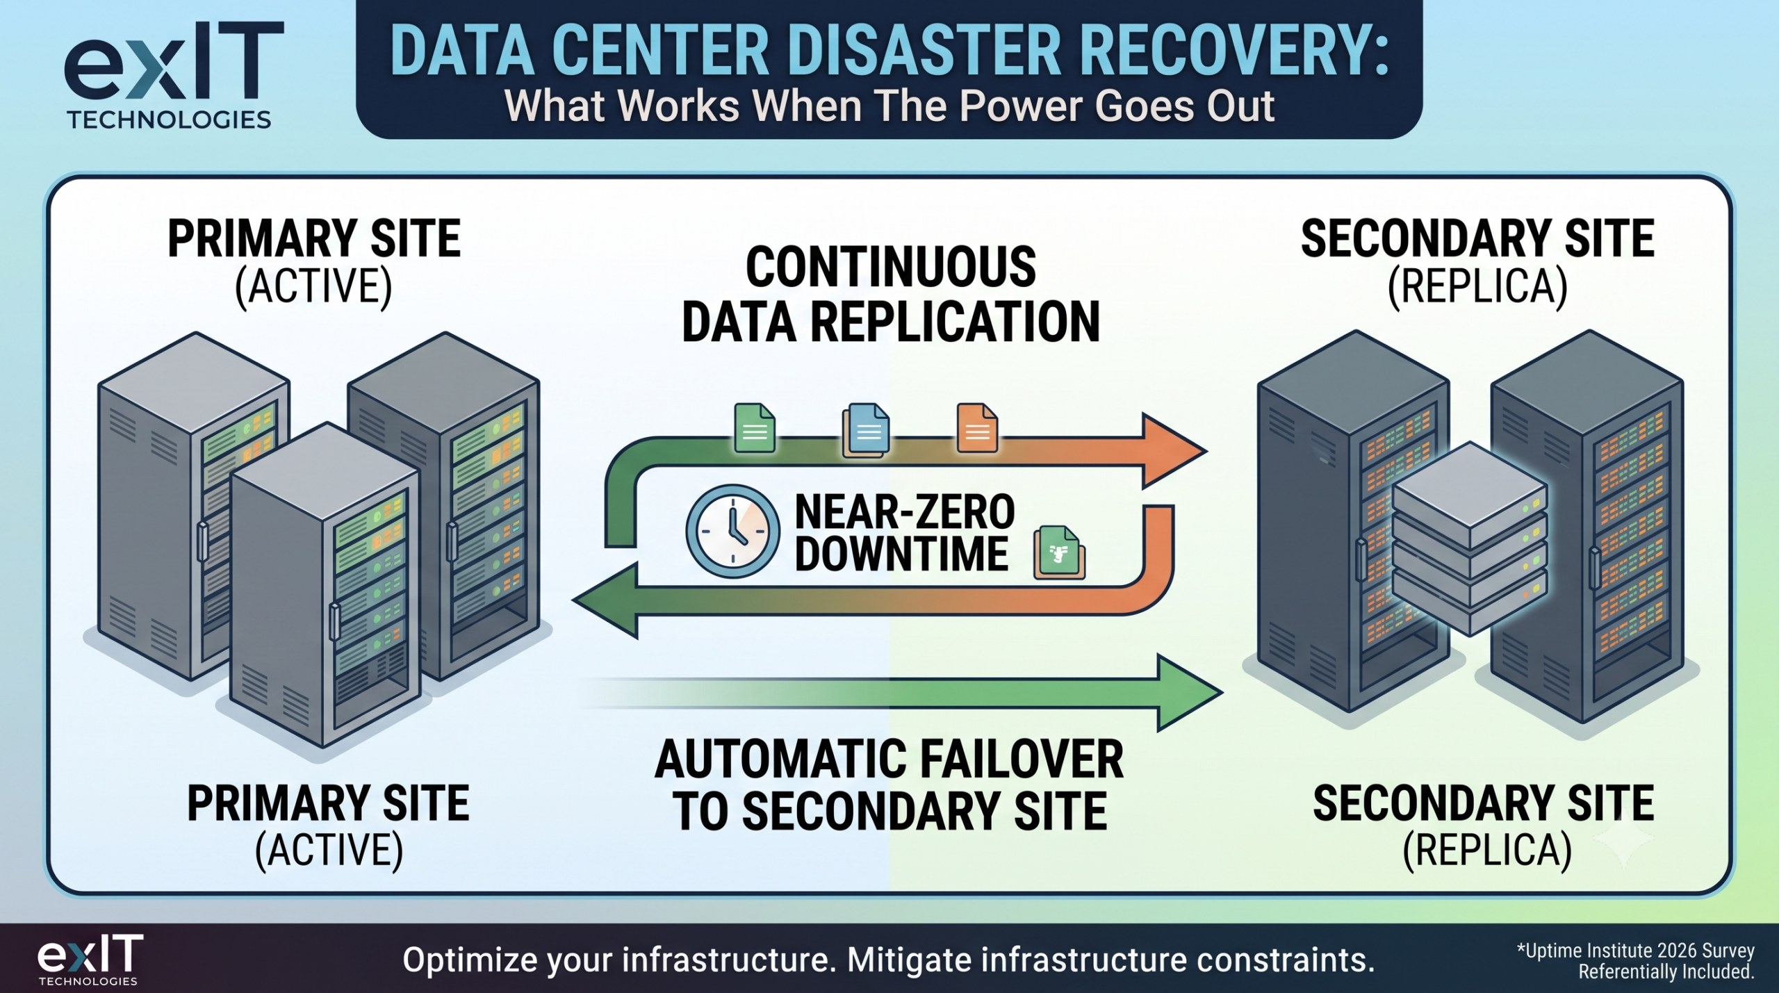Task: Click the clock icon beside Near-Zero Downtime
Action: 732,531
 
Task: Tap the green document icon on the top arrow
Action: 755,428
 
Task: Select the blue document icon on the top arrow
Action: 866,430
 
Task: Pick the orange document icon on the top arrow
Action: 977,428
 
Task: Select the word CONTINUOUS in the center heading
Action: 891,267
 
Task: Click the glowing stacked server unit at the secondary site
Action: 1470,539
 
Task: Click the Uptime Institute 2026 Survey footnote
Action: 1636,961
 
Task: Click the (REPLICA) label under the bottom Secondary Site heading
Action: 1487,850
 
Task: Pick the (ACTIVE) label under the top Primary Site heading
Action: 313,286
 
